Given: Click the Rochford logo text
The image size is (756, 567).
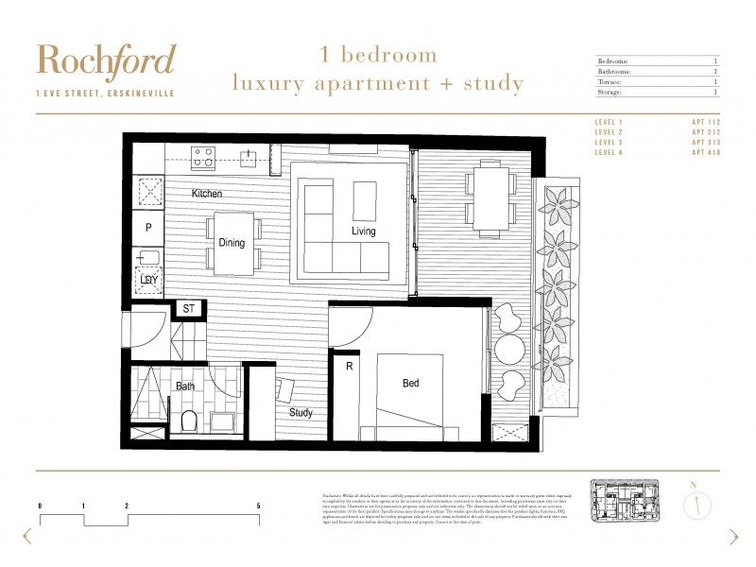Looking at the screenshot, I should [x=105, y=60].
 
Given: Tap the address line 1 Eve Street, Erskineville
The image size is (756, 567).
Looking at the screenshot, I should [x=105, y=93].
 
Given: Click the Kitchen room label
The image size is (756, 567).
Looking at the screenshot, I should [x=207, y=194].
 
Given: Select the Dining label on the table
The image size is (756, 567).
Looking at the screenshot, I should [x=232, y=243].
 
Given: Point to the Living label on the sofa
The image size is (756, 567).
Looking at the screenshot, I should [x=364, y=232].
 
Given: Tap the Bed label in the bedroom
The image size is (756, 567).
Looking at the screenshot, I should [x=411, y=384].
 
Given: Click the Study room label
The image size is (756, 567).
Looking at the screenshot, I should [x=301, y=413].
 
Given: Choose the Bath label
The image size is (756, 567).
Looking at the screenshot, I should [x=185, y=387].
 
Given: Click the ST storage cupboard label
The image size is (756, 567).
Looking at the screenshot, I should [x=188, y=309].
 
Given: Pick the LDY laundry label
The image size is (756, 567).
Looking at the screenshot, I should [x=149, y=280].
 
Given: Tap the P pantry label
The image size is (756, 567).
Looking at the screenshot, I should [x=148, y=228].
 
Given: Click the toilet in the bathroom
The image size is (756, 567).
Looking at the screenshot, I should [x=187, y=421].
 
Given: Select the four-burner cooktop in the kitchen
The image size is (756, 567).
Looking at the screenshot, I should [x=203, y=157].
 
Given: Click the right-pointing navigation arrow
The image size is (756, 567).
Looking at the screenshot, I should [x=733, y=537].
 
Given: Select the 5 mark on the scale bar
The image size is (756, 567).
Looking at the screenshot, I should [x=258, y=507].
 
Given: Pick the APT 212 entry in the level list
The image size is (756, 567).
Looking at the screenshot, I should [x=705, y=132].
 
